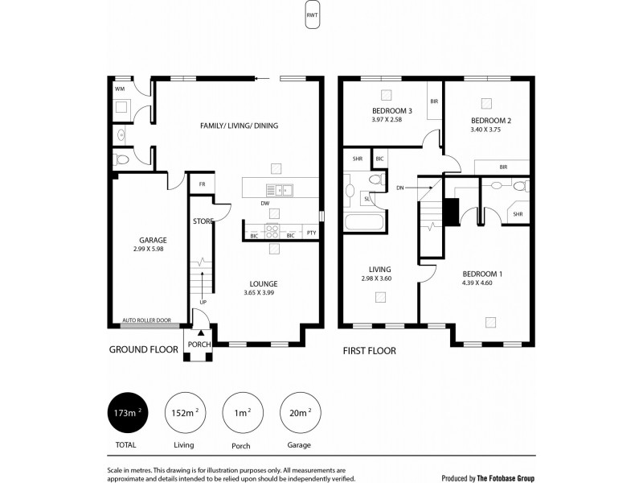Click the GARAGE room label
[x=152, y=240]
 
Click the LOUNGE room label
[x=263, y=283]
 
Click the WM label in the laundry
[x=119, y=88]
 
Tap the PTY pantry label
[x=311, y=233]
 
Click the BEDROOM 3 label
[x=391, y=111]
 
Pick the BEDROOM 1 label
[x=482, y=274]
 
